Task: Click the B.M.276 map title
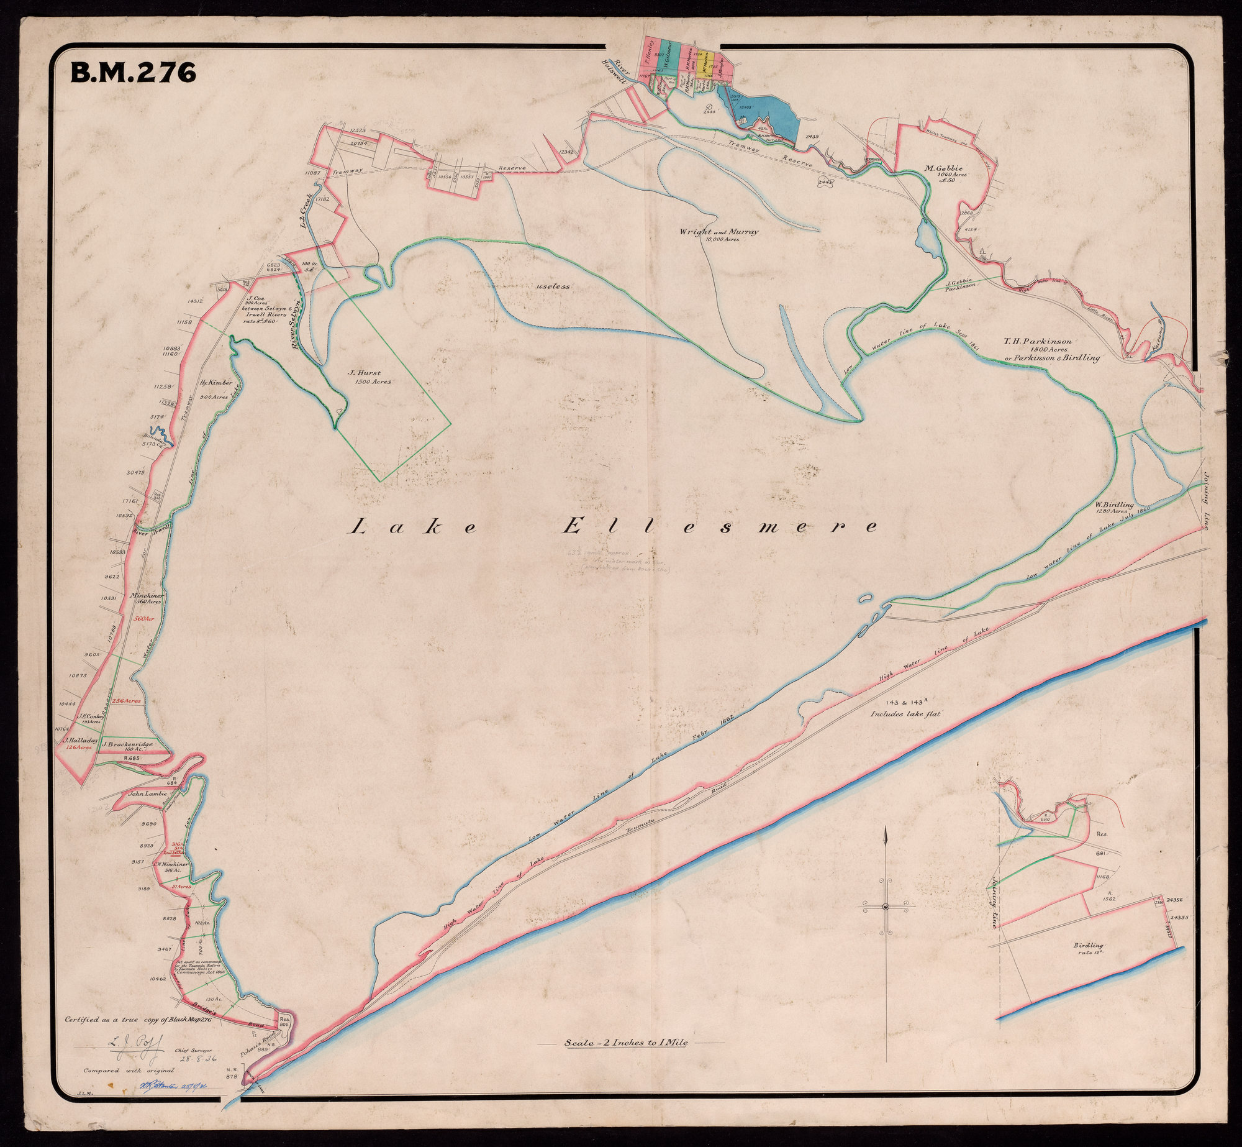[x=134, y=73]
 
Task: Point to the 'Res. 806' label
[x=285, y=1020]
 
